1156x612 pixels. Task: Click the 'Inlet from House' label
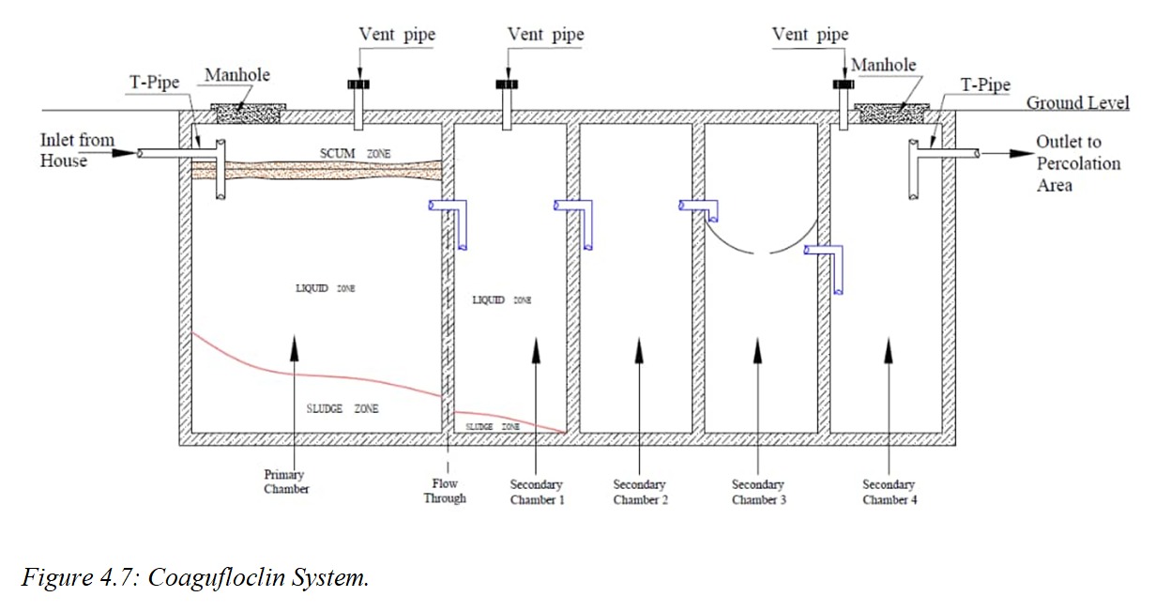point(77,150)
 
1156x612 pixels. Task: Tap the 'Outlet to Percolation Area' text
point(1077,163)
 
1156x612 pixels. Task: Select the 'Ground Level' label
point(1077,103)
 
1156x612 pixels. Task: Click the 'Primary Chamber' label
point(286,482)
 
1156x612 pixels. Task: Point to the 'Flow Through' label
point(444,491)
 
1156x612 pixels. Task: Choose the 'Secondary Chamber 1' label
point(537,492)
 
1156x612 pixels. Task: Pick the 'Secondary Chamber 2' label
point(640,492)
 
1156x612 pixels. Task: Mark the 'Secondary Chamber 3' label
point(757,492)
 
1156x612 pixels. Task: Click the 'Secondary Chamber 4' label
point(889,492)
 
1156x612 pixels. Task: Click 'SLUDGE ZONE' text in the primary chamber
point(342,409)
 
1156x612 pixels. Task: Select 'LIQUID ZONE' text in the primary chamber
point(325,288)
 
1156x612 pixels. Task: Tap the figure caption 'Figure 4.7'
point(195,576)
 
